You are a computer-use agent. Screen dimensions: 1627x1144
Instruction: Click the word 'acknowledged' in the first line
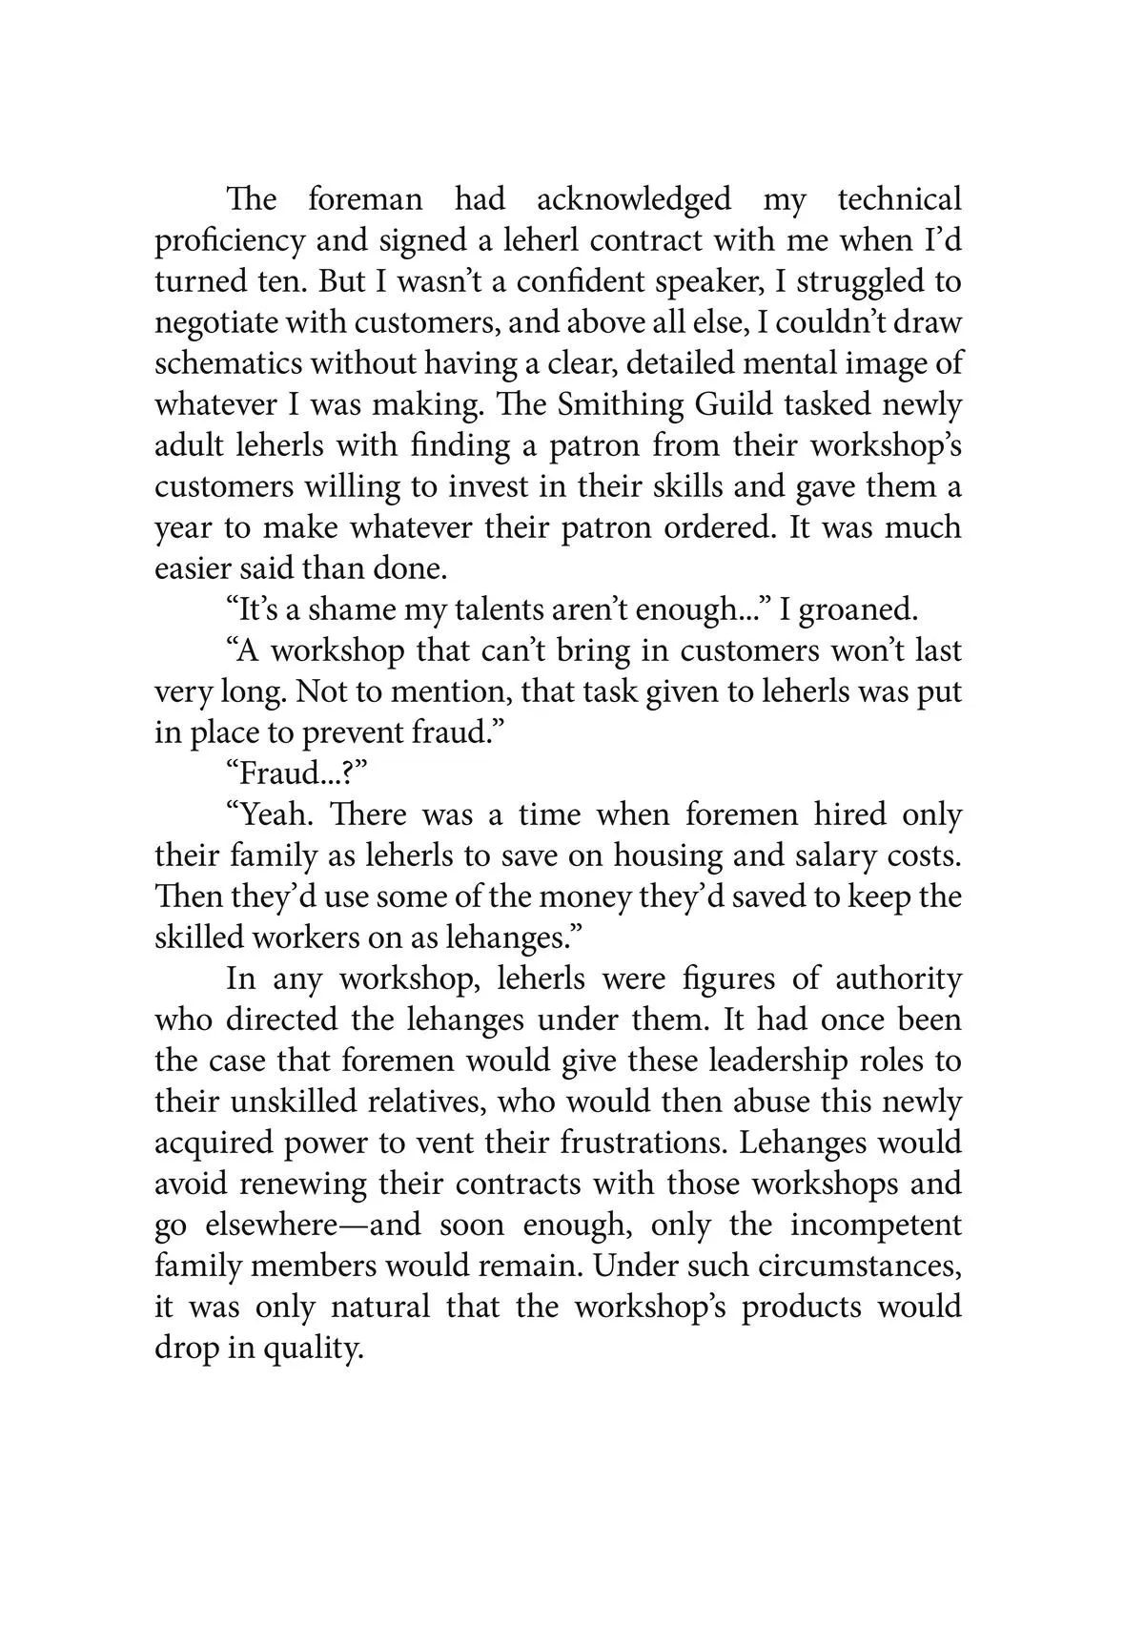pos(633,200)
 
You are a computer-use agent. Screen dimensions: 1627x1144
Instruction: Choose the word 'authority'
pos(898,979)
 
